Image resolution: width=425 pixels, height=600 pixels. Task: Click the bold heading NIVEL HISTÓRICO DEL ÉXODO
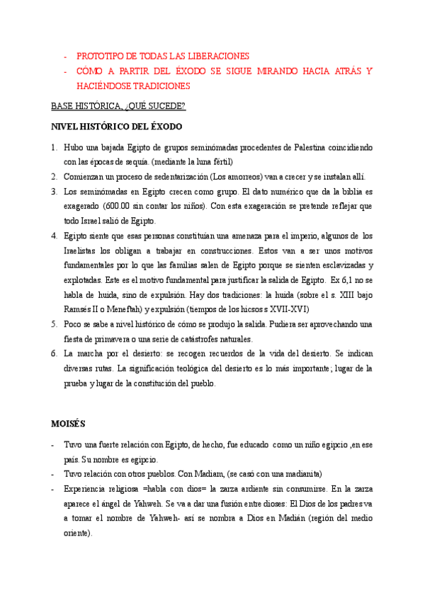click(x=116, y=127)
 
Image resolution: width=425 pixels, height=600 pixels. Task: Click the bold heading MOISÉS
click(x=68, y=424)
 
